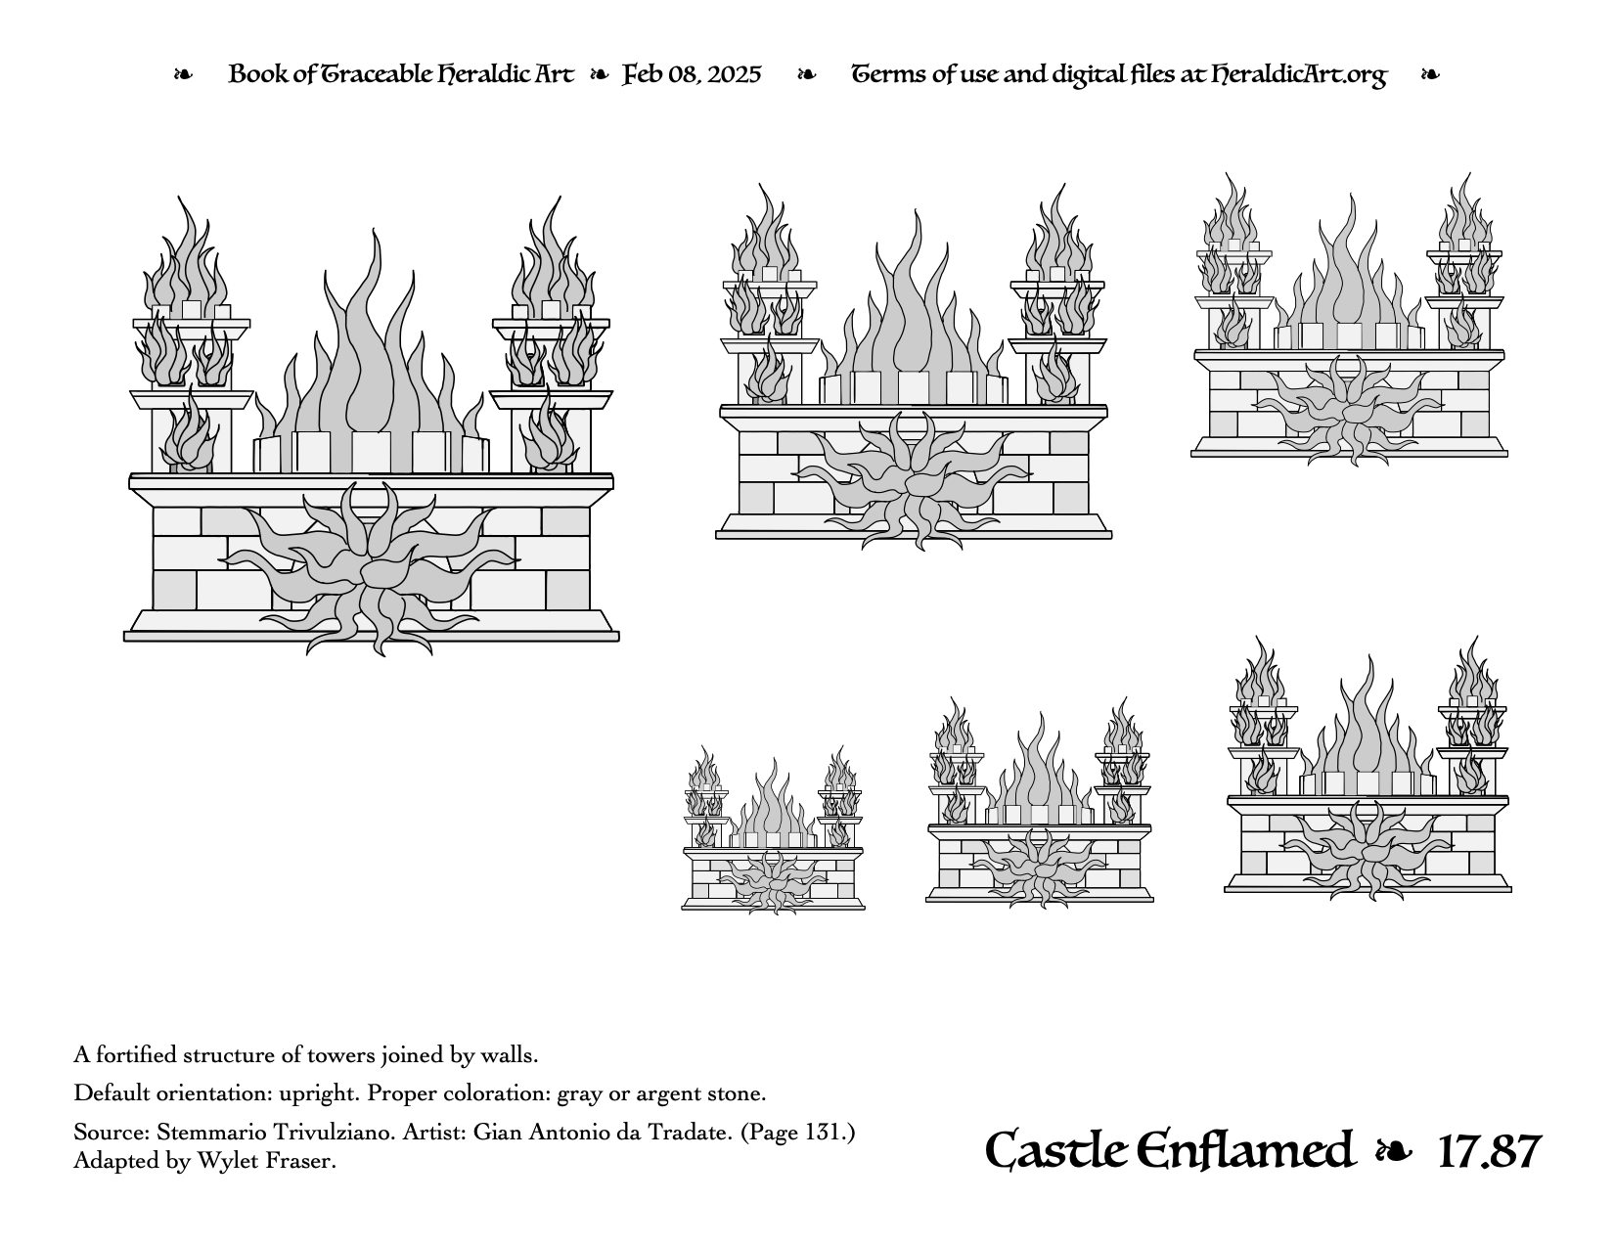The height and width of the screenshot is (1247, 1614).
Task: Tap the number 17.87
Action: pos(1489,1152)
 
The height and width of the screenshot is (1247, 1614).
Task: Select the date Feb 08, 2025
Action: pos(692,74)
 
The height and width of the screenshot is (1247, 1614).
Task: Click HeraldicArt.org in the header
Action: pos(1299,75)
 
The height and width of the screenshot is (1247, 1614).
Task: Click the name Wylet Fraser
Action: pos(267,1161)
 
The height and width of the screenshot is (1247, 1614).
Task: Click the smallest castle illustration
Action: pos(773,830)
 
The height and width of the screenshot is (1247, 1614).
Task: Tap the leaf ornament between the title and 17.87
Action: pos(1394,1152)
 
